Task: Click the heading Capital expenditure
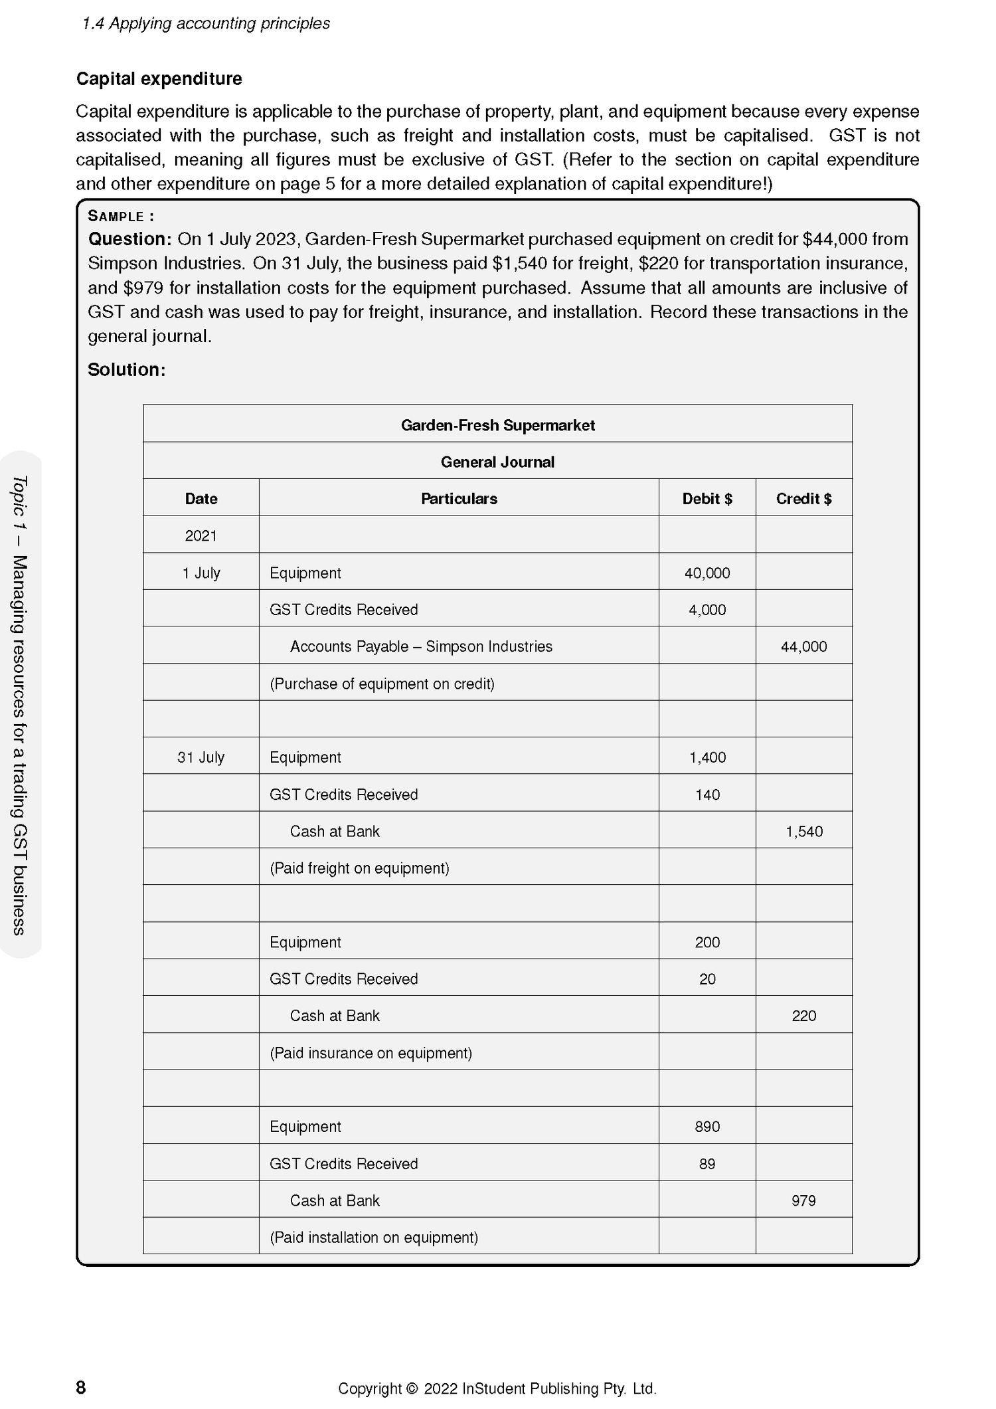pyautogui.click(x=159, y=78)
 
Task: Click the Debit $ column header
pyautogui.click(x=706, y=499)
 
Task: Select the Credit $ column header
pyautogui.click(x=803, y=499)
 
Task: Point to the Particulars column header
pyautogui.click(x=458, y=499)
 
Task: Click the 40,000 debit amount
pyautogui.click(x=706, y=573)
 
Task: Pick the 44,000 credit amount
pyautogui.click(x=803, y=646)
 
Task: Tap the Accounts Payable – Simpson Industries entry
pyautogui.click(x=421, y=646)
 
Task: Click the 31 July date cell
pyautogui.click(x=201, y=757)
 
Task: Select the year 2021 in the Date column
pyautogui.click(x=201, y=536)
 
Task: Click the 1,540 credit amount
pyautogui.click(x=803, y=831)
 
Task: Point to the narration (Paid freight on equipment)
pyautogui.click(x=359, y=868)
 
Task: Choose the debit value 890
pyautogui.click(x=706, y=1127)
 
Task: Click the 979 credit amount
pyautogui.click(x=803, y=1200)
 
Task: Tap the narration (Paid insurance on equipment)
pyautogui.click(x=371, y=1053)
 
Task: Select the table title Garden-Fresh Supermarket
pyautogui.click(x=497, y=425)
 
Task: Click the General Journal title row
pyautogui.click(x=497, y=462)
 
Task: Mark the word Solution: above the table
pyautogui.click(x=126, y=370)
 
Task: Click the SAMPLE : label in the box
pyautogui.click(x=121, y=216)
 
